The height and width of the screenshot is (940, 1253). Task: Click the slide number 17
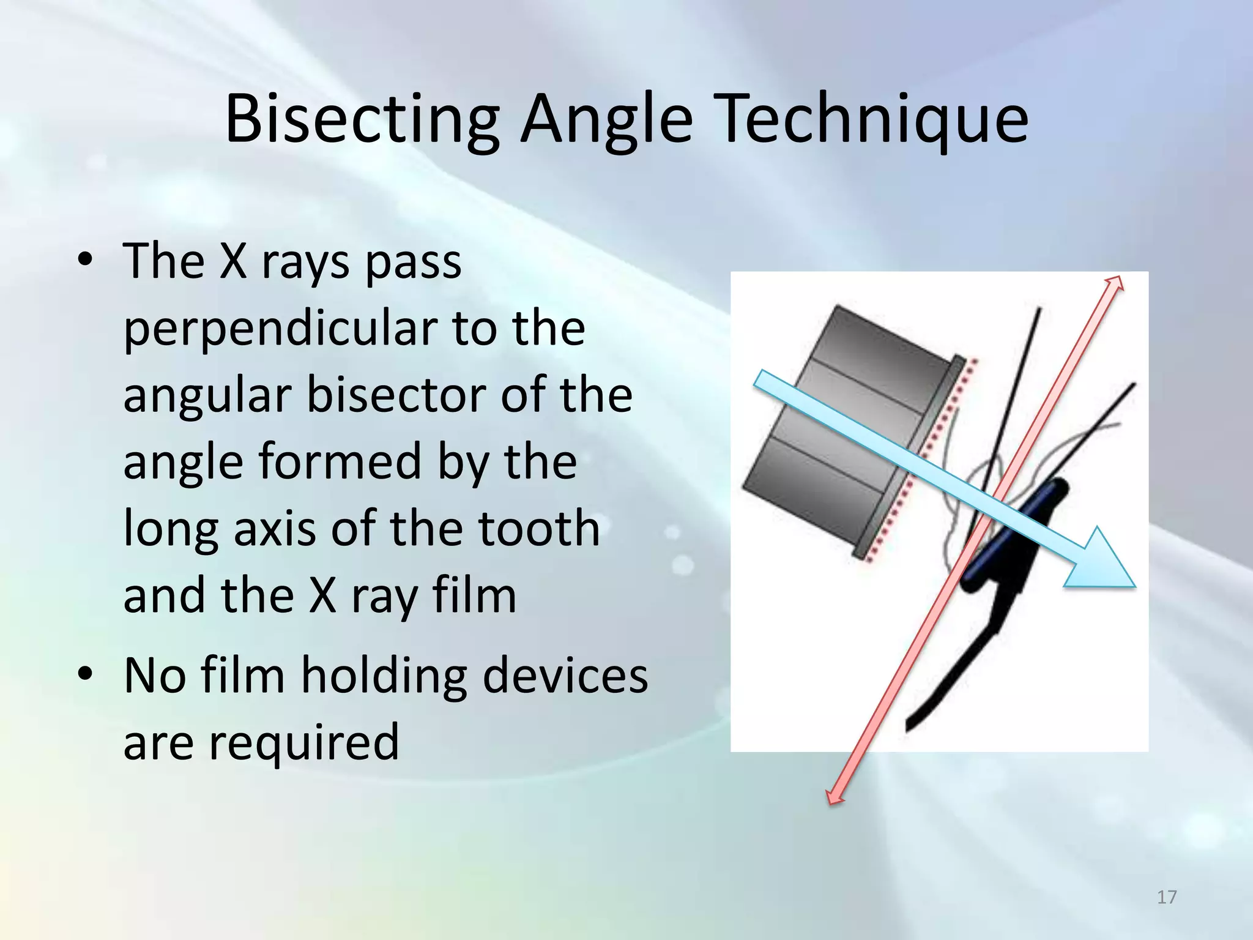tap(1167, 897)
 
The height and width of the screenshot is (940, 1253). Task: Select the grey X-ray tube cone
tap(844, 422)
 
